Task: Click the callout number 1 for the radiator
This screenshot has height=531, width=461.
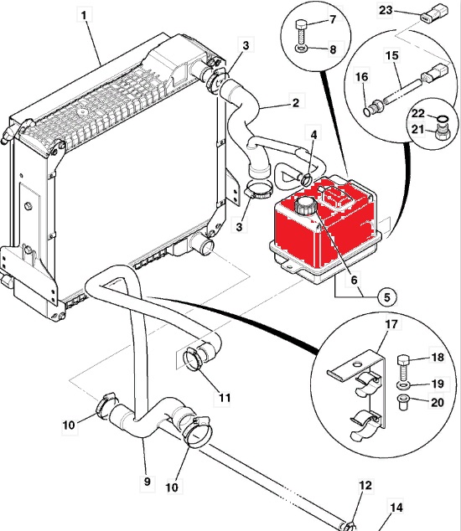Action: tap(84, 16)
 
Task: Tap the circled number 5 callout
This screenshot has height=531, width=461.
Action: tap(387, 297)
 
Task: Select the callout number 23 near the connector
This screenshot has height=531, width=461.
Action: tap(386, 10)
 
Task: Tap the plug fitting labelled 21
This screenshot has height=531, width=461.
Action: tap(440, 131)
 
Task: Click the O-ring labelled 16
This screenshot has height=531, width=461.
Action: tap(367, 111)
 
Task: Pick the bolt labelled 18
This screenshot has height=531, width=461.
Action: tap(403, 368)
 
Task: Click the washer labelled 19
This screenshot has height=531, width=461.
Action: tap(402, 385)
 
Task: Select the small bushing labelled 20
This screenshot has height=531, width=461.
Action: tap(402, 402)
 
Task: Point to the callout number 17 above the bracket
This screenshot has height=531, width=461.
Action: tap(391, 324)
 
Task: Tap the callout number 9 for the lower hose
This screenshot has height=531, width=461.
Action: tap(147, 482)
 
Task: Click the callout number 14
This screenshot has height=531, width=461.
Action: tap(396, 508)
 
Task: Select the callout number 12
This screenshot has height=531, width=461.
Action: tap(365, 485)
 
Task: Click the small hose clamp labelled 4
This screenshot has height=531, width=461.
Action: tap(306, 178)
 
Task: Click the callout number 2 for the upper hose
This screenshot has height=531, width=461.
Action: tap(296, 102)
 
